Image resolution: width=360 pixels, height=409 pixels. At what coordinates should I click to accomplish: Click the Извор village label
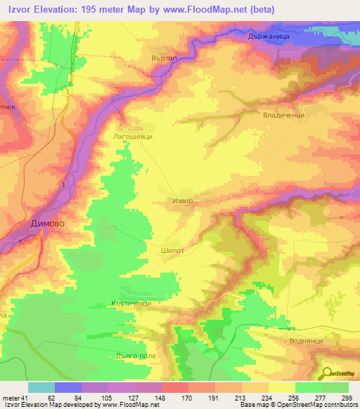(x=182, y=200)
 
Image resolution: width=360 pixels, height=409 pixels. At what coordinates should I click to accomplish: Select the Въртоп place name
(x=165, y=57)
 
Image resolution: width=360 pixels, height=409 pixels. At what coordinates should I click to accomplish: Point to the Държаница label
(x=323, y=37)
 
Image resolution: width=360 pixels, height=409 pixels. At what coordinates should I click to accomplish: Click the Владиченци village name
(x=282, y=115)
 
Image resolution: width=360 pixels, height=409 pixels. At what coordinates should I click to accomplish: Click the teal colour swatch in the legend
(x=41, y=387)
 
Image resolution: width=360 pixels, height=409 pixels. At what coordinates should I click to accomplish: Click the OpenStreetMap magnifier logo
(x=326, y=374)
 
